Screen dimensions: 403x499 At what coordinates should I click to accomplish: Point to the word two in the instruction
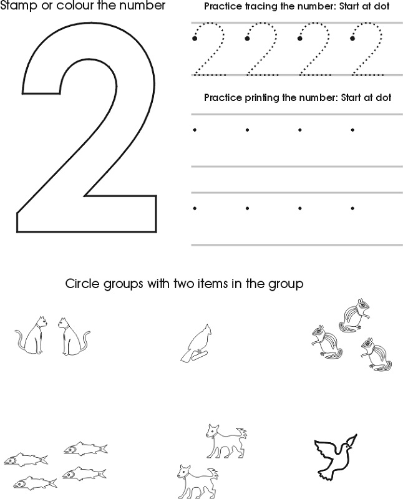[182, 283]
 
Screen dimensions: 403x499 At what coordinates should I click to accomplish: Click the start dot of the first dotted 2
[195, 39]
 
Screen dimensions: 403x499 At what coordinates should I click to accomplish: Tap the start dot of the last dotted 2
[352, 39]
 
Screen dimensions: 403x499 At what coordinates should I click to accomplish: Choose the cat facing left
[74, 337]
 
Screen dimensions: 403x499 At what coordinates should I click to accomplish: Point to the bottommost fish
[35, 483]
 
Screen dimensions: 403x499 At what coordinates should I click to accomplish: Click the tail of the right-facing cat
[21, 341]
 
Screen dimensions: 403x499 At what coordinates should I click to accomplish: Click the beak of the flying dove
[352, 448]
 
